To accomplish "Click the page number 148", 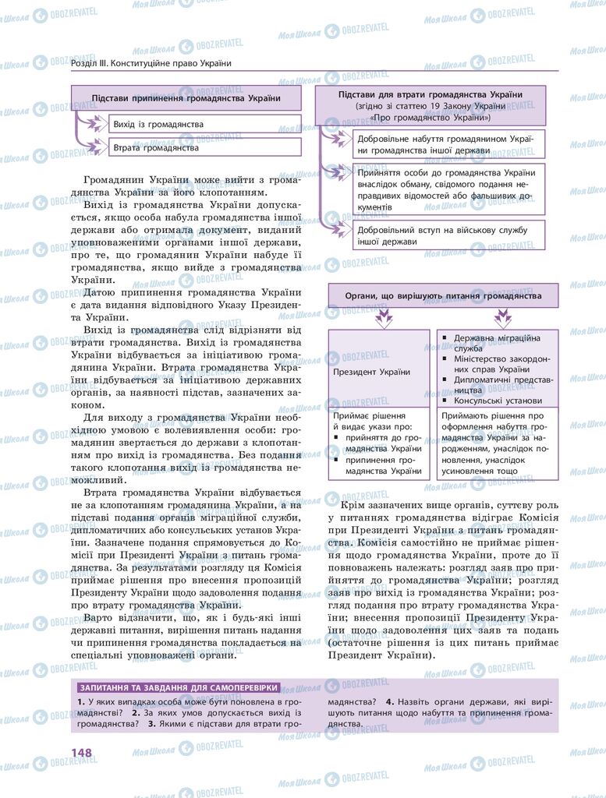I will coord(82,752).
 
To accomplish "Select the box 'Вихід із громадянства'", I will coord(203,124).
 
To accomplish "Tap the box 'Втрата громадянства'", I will coord(203,147).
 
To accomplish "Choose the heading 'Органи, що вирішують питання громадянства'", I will coord(443,296).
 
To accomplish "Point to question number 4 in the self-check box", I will coord(389,702).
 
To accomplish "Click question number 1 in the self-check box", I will coord(81,702).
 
